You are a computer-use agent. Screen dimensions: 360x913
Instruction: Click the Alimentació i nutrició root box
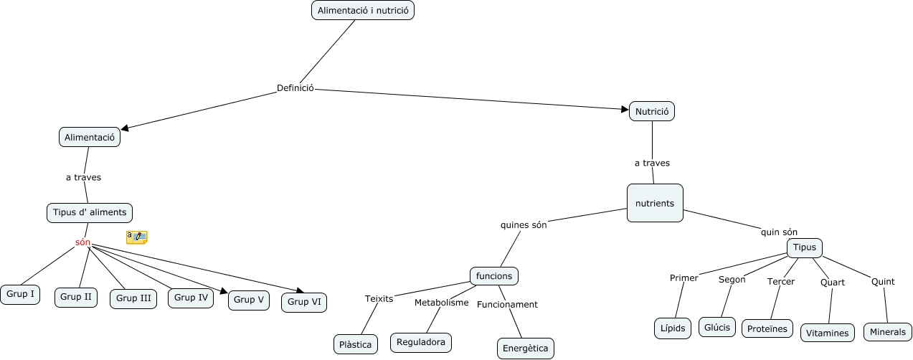[x=363, y=10]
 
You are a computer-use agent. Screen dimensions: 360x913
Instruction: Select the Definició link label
[x=295, y=88]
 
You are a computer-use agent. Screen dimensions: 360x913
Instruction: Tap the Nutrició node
[x=652, y=111]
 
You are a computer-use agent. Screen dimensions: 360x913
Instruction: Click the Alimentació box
[x=90, y=137]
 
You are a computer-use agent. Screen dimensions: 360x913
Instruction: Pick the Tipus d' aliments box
[x=90, y=212]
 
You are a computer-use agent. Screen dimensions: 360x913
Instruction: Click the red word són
[x=82, y=242]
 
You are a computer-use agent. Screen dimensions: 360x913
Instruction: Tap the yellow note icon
[x=136, y=237]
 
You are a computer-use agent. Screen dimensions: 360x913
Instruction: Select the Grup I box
[x=20, y=294]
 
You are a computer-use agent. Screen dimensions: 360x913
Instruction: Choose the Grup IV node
[x=191, y=298]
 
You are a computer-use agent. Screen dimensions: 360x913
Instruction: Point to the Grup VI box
[x=304, y=302]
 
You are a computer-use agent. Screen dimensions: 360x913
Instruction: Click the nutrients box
[x=655, y=203]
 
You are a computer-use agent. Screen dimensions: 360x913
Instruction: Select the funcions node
[x=494, y=276]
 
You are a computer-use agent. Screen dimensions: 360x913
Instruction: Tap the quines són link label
[x=524, y=224]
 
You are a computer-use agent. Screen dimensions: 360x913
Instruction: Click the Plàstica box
[x=356, y=344]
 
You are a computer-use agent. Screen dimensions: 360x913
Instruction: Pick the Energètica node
[x=525, y=349]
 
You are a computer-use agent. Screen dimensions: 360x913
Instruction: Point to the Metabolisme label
[x=441, y=303]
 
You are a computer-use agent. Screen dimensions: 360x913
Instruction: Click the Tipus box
[x=805, y=247]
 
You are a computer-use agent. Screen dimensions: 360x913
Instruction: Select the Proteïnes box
[x=767, y=328]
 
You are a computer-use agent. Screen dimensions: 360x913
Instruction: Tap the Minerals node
[x=888, y=332]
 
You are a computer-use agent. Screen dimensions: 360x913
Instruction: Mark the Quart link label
[x=833, y=283]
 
